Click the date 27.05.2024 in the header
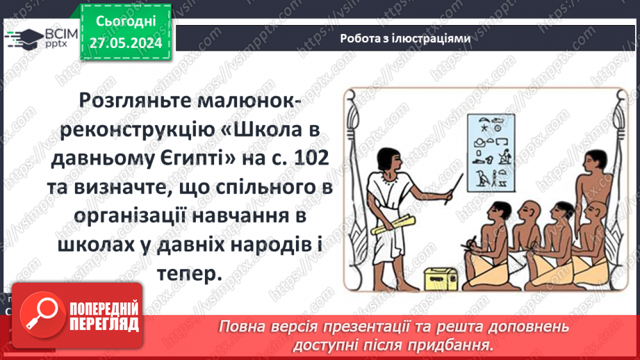pos(126,42)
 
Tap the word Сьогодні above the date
pos(126,22)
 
